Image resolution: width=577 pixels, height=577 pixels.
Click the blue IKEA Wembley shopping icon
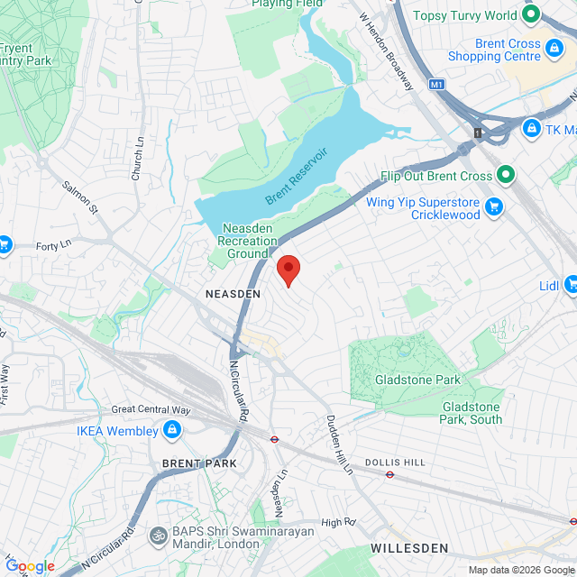coord(171,430)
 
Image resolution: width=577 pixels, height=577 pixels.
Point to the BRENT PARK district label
coord(198,463)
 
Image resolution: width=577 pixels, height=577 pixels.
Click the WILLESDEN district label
coord(408,548)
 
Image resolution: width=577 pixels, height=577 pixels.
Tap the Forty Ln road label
coord(53,246)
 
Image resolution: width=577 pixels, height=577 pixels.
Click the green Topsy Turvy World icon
coord(531,14)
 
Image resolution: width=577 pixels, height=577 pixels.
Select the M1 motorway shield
coord(437,85)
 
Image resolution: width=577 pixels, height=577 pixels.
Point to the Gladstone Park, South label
coord(472,413)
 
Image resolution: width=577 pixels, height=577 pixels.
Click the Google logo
coord(30,565)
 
